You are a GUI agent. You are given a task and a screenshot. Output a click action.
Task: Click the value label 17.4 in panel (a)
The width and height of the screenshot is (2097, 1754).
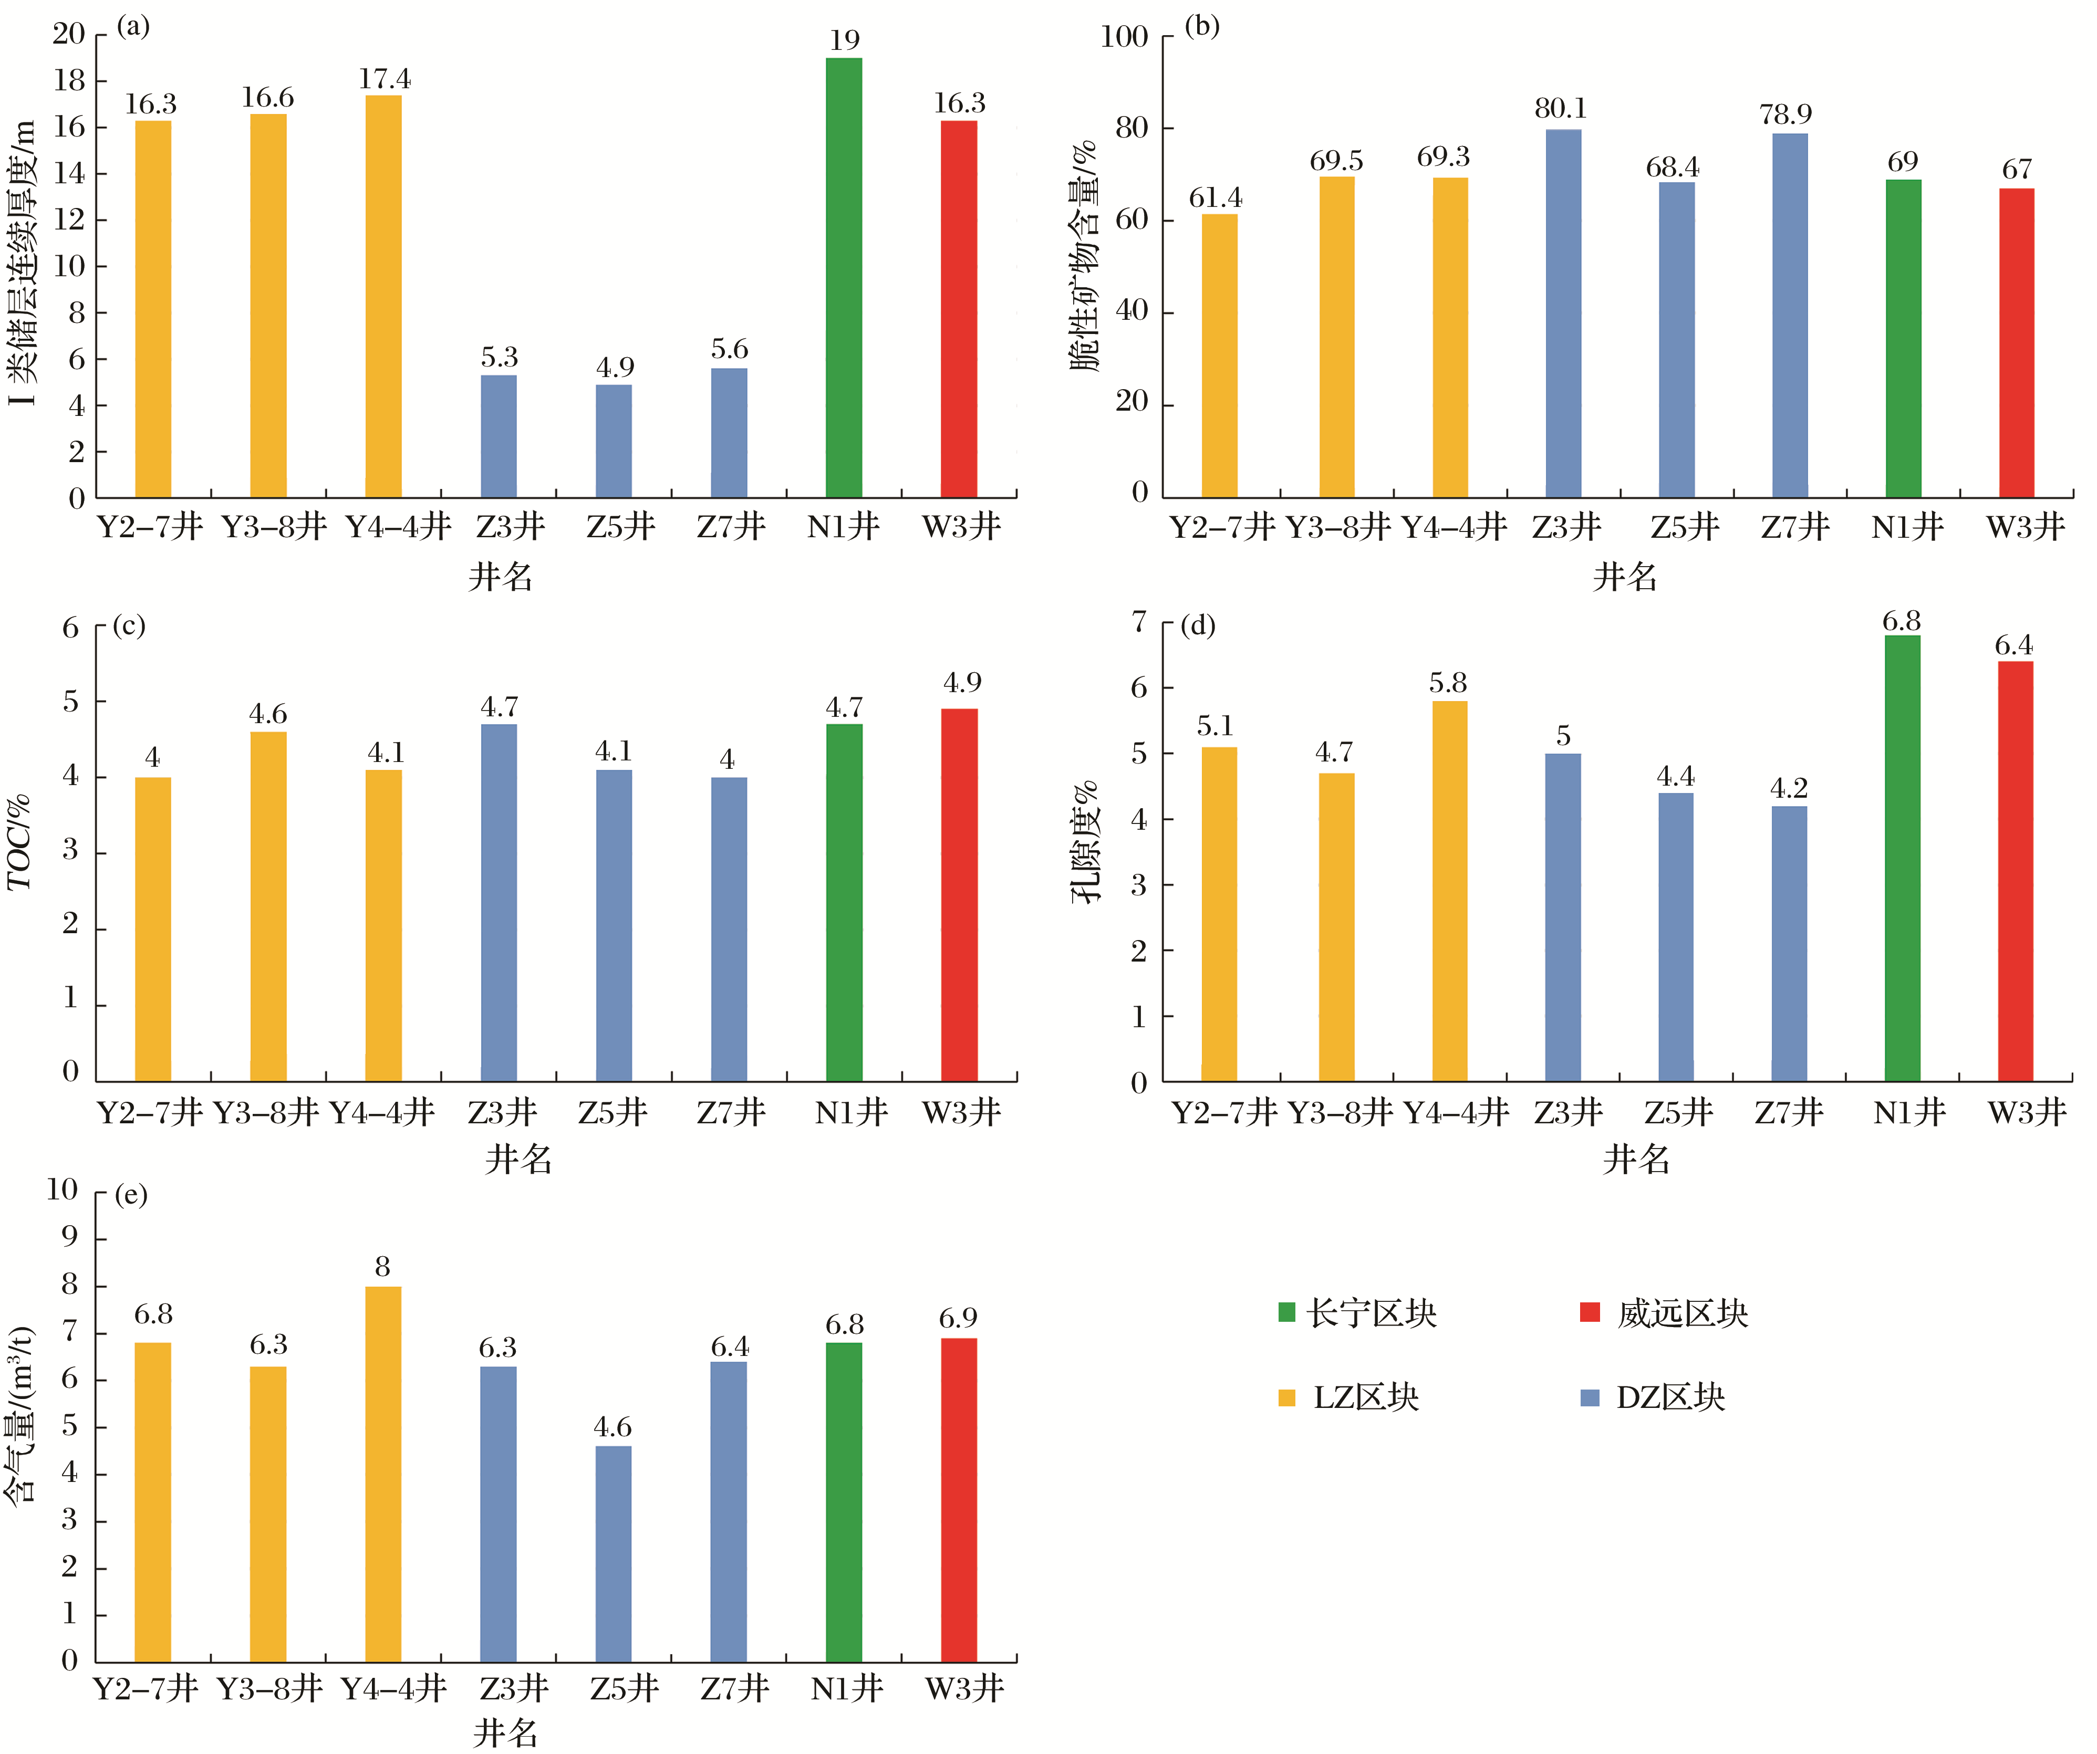pyautogui.click(x=385, y=79)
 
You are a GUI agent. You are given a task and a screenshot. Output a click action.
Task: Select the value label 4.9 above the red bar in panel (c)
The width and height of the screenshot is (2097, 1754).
pyautogui.click(x=962, y=683)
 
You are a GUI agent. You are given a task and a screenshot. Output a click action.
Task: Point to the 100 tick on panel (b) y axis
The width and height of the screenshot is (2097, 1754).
pyautogui.click(x=1124, y=37)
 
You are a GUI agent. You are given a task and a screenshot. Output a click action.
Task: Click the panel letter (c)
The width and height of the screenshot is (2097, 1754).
pyautogui.click(x=129, y=626)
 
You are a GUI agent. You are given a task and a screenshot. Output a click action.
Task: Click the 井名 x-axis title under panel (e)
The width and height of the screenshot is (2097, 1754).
pyautogui.click(x=505, y=1732)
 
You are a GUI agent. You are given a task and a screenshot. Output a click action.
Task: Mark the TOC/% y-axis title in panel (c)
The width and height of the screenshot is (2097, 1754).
pyautogui.click(x=20, y=842)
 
